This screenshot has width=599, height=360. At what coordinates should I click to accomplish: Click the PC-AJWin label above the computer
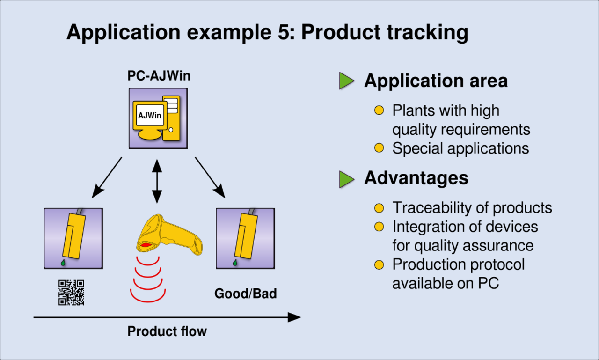tap(159, 76)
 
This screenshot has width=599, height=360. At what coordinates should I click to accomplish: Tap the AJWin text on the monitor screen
tap(150, 115)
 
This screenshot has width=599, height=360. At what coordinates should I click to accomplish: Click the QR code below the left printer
tap(72, 293)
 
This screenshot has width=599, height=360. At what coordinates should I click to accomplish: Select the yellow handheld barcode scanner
tap(169, 235)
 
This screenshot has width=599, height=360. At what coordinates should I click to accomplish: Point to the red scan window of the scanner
tap(146, 245)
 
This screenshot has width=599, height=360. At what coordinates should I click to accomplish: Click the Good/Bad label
tap(246, 294)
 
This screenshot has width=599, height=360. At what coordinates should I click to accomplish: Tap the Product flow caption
tap(167, 331)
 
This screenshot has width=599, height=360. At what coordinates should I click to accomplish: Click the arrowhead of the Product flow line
tap(294, 317)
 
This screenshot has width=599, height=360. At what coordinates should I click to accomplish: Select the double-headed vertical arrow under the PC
tap(157, 181)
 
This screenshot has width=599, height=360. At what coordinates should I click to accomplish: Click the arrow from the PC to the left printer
tap(107, 177)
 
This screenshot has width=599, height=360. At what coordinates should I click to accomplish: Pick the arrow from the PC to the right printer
tap(210, 177)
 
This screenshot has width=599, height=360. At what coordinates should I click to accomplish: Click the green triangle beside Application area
tap(347, 81)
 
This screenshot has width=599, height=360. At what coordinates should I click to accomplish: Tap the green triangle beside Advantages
tap(347, 179)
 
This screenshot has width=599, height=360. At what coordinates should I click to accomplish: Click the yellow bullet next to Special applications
tap(379, 148)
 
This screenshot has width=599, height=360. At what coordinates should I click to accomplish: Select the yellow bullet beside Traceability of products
tap(379, 208)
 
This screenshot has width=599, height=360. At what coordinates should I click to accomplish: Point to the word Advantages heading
tap(416, 178)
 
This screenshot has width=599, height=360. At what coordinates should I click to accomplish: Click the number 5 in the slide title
tap(284, 32)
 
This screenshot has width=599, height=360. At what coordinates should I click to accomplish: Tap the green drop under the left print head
tap(63, 263)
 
